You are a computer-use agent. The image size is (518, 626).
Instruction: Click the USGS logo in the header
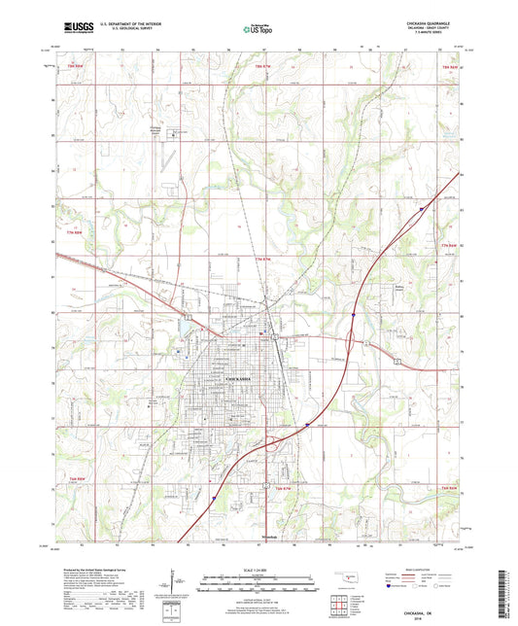click(76, 29)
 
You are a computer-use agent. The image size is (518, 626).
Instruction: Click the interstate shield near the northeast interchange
click(422, 207)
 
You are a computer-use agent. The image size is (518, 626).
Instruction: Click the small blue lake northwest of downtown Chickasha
click(182, 340)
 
